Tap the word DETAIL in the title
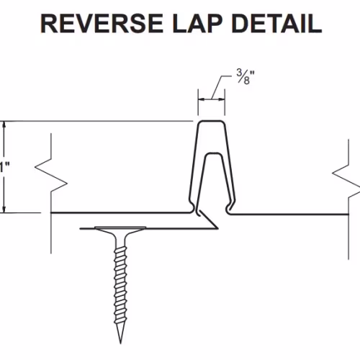pos(276,24)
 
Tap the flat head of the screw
pos(120,228)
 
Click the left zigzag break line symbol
pos(51,175)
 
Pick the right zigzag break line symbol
pos(348,180)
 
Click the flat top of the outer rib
pos(211,122)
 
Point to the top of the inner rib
pos(213,153)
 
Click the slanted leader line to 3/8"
pos(217,87)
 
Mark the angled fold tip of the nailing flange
pos(217,228)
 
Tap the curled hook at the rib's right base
pos(229,208)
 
